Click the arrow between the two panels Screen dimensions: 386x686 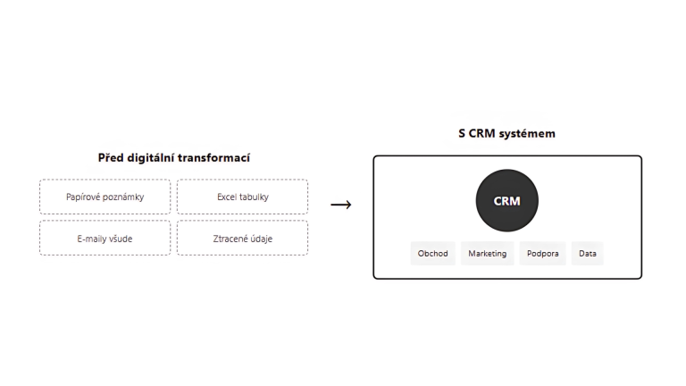[x=341, y=205]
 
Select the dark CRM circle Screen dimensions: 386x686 [x=506, y=201]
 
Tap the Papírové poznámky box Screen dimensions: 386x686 [x=105, y=197]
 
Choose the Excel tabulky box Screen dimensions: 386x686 [x=242, y=197]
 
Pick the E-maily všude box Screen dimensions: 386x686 [x=105, y=238]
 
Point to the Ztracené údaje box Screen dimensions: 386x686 [x=242, y=238]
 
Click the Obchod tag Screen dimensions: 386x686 [x=433, y=254]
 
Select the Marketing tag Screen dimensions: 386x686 [x=487, y=254]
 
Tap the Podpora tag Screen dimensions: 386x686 [x=542, y=254]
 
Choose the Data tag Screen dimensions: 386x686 [x=588, y=254]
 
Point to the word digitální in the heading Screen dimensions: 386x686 [x=151, y=158]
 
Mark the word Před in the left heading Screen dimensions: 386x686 [x=110, y=158]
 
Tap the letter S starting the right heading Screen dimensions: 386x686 [x=462, y=134]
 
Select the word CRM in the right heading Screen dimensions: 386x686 [x=482, y=134]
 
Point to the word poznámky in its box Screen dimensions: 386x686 [x=123, y=197]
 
